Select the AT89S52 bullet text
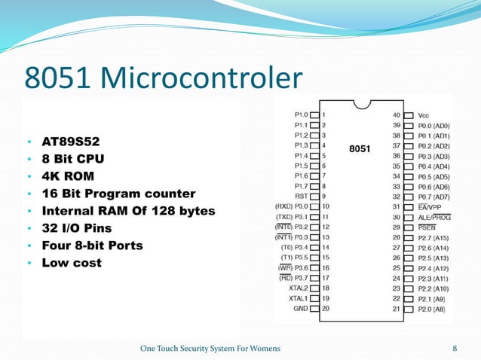(69, 141)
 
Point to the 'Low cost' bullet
(71, 263)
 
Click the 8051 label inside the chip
(360, 149)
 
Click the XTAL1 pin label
(299, 298)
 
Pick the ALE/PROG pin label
(434, 216)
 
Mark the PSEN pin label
(427, 226)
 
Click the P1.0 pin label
(301, 114)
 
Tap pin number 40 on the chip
(396, 115)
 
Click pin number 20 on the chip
(326, 308)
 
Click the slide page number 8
(455, 348)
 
